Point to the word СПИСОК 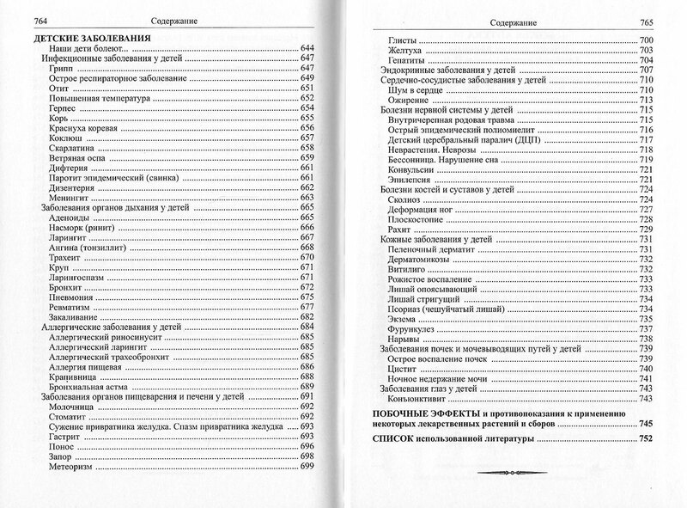click(x=386, y=438)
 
